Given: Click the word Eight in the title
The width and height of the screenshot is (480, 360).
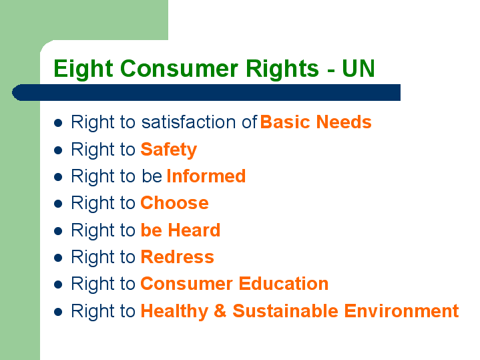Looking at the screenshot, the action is pos(83,69).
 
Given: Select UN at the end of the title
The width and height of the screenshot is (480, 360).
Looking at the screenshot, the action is pos(358,68).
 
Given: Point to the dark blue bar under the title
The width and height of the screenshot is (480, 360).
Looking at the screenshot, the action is pos(206,92).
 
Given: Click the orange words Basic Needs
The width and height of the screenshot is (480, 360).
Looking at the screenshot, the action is pos(316,122).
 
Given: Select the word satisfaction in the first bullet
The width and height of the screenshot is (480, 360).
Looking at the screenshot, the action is pos(188,122).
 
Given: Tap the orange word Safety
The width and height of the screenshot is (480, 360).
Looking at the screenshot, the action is pos(169,150).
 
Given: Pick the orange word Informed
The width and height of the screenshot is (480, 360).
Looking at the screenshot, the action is pos(206,176).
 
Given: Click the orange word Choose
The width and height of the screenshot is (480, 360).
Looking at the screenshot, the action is pos(174,203).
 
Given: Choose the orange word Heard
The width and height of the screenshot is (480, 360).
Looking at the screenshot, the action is pos(194,230).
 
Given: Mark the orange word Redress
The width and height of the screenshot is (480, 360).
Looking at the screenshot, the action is pos(177,256).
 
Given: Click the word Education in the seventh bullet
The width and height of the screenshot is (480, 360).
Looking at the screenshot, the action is pos(284,283).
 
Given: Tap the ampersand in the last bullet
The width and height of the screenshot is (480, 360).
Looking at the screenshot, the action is pos(220,311).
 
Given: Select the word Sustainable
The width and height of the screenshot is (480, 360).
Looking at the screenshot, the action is pos(285,311).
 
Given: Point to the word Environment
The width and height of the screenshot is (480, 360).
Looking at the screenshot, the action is pos(401,311).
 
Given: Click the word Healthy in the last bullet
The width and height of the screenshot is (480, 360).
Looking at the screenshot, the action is pos(174,312).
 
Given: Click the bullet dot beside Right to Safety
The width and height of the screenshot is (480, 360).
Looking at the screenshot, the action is pos(58,150).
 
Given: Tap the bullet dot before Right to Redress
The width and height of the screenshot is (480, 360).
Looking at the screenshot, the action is pos(58,258).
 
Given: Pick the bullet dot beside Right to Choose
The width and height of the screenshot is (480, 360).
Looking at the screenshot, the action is pos(58,204).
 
